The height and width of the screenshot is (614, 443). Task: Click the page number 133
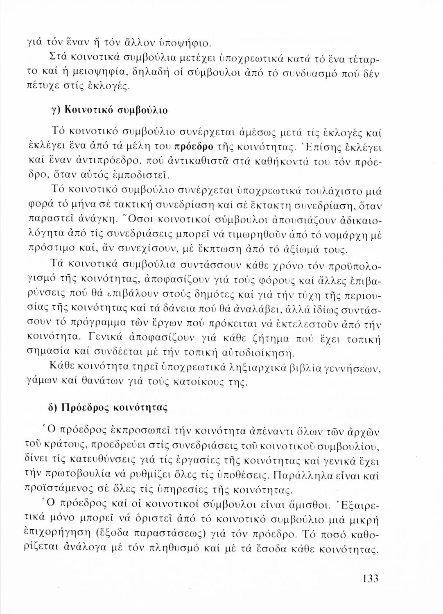[x=369, y=579]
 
